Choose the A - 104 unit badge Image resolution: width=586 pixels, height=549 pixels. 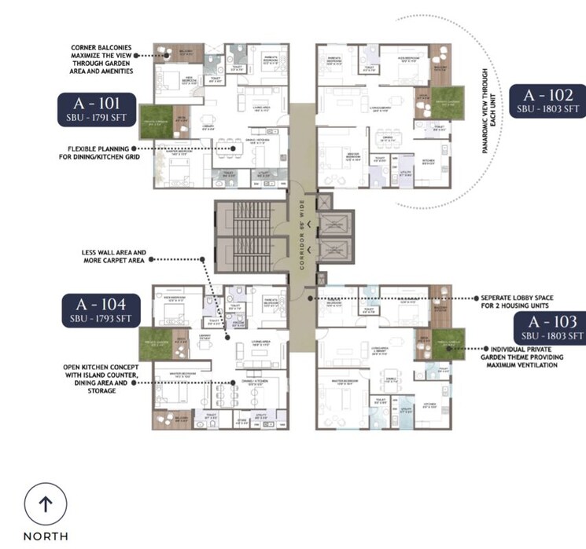[101, 309]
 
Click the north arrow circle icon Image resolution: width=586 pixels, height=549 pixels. [45, 504]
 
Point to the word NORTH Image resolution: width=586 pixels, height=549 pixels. [45, 536]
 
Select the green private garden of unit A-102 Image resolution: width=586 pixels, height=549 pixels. [447, 101]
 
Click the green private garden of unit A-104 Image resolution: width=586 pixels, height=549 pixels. [155, 342]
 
